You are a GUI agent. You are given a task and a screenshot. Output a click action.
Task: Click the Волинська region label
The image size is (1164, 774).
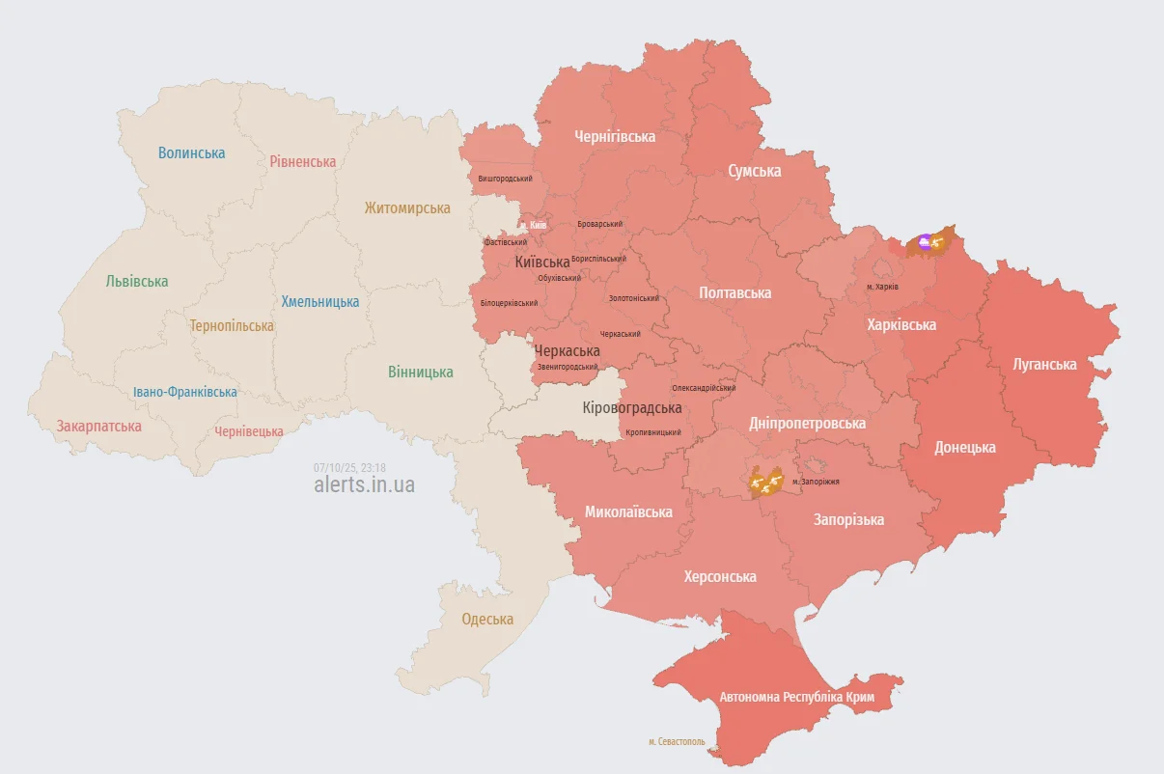(191, 152)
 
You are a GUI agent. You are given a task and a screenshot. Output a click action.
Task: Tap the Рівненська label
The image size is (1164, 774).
(303, 161)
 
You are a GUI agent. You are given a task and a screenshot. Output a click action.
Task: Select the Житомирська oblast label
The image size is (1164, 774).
(407, 207)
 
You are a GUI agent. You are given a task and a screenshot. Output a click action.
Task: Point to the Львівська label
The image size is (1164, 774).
(137, 281)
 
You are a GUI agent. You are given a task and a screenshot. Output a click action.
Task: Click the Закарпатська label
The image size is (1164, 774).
(98, 426)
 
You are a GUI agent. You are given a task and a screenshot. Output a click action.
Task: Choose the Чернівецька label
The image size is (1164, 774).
(249, 431)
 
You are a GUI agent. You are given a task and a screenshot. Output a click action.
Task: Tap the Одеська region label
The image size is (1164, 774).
(487, 619)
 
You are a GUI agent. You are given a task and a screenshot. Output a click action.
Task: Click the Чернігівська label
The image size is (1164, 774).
(615, 136)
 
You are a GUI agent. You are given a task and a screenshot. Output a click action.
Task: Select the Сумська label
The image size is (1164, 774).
(754, 171)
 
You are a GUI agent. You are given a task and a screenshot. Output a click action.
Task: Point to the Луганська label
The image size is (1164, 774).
(1044, 364)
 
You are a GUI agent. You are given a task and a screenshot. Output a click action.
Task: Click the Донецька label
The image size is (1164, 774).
(965, 447)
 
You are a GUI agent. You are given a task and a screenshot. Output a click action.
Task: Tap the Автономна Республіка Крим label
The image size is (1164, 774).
(796, 696)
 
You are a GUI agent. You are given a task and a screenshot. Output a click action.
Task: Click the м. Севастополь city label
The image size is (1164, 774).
(677, 741)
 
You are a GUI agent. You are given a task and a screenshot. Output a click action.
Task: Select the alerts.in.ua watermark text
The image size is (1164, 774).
(364, 484)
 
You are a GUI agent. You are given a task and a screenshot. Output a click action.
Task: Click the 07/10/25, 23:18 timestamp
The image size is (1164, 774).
(349, 467)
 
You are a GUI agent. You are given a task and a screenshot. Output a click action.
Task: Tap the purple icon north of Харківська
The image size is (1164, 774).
(924, 241)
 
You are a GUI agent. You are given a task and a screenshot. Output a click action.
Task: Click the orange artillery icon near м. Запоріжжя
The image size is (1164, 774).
(766, 481)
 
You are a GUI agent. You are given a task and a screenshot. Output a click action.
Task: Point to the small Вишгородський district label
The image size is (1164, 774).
(505, 179)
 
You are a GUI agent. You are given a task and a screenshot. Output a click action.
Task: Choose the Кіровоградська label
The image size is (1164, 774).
(632, 407)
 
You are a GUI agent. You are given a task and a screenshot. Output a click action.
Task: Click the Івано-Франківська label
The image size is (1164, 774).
(185, 392)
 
